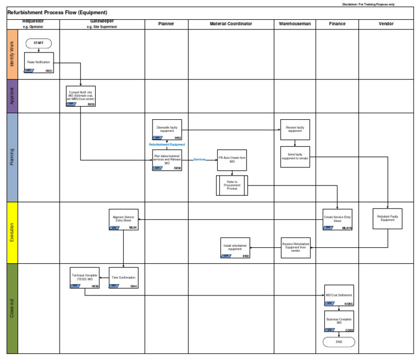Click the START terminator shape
click(39, 43)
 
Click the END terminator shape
click(339, 342)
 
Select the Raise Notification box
click(39, 63)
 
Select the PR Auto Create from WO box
click(232, 160)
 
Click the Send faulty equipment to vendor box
click(295, 156)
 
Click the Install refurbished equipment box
click(235, 247)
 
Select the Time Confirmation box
click(123, 277)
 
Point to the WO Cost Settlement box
click(339, 295)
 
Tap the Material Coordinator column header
click(231, 24)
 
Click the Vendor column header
click(387, 24)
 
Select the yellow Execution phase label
click(12, 232)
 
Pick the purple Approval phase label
click(12, 96)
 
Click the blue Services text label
click(199, 159)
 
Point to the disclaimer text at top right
click(369, 4)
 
